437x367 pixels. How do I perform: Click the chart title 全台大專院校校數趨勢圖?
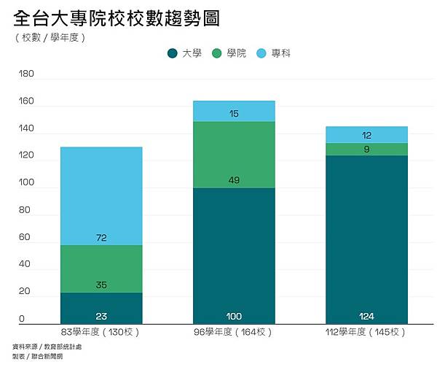(117, 18)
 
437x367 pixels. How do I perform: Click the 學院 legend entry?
(229, 53)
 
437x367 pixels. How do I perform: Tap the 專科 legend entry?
(274, 53)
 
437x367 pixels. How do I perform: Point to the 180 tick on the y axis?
(25, 74)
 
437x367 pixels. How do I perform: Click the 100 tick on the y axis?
(25, 183)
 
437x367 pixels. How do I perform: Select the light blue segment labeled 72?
(101, 196)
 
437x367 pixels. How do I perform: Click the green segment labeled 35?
(101, 269)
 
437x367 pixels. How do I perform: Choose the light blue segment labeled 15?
(234, 111)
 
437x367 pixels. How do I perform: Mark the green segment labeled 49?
(234, 155)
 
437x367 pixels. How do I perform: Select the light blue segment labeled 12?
(366, 134)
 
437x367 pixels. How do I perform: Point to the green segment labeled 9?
(366, 149)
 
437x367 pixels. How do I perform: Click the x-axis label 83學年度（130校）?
(101, 332)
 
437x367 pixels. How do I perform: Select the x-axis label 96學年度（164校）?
(234, 332)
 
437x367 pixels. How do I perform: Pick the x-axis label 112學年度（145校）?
(366, 332)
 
